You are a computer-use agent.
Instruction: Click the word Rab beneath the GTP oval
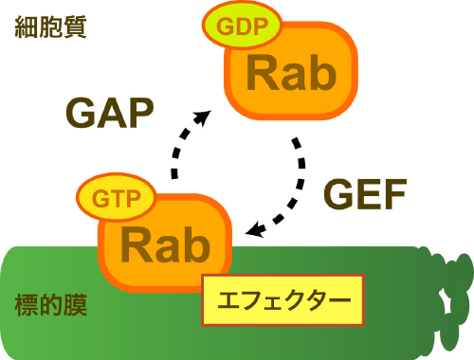[166, 244]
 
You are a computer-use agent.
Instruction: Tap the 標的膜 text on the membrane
[51, 306]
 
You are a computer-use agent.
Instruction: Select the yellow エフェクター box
[283, 301]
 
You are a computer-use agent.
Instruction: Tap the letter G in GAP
[82, 114]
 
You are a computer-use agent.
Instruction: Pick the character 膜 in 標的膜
[75, 306]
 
